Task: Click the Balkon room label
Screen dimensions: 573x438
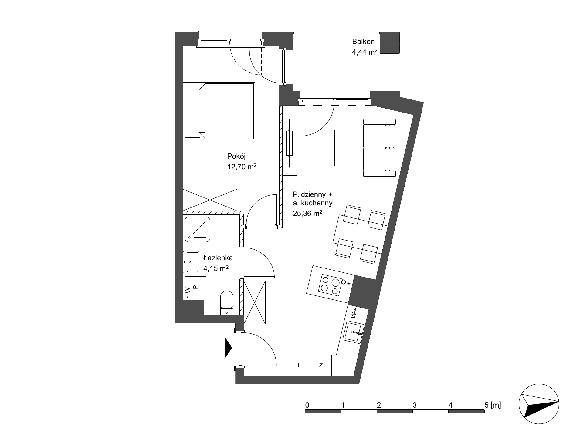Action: (363, 42)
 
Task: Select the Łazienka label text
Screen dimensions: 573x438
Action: (218, 258)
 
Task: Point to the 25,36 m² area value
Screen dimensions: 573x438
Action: (307, 213)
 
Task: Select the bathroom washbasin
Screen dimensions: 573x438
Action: (191, 262)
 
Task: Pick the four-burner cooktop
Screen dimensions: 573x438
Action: (330, 285)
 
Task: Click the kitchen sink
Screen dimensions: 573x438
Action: (354, 333)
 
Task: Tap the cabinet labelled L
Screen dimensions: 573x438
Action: (300, 365)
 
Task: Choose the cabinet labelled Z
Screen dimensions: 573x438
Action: (321, 365)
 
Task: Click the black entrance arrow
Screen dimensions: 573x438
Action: (228, 347)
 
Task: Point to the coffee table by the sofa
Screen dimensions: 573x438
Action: (345, 148)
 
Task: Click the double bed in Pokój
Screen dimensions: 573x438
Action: (219, 111)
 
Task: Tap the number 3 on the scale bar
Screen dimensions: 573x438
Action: (415, 405)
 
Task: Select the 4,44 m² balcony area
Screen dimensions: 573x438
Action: (364, 52)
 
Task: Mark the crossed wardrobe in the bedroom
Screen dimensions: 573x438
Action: (210, 200)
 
